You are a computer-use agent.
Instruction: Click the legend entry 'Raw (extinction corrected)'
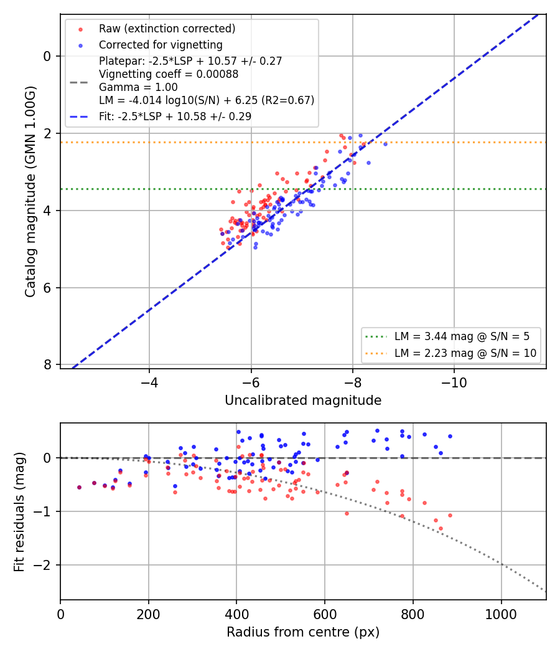pyautogui.click(x=167, y=29)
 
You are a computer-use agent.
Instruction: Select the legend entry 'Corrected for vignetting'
pyautogui.click(x=161, y=45)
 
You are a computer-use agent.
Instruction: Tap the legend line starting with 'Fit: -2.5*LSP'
pyautogui.click(x=175, y=116)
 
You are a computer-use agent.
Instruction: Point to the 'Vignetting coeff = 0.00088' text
pyautogui.click(x=169, y=74)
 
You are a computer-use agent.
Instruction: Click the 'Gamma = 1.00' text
pyautogui.click(x=138, y=87)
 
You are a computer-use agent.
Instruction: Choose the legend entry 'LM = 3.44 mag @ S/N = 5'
pyautogui.click(x=462, y=336)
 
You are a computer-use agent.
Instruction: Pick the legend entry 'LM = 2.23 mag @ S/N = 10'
pyautogui.click(x=465, y=353)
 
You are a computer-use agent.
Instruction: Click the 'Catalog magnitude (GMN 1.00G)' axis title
pyautogui.click(x=30, y=192)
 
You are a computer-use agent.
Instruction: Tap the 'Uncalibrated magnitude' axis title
pyautogui.click(x=303, y=400)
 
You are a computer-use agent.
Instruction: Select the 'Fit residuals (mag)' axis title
pyautogui.click(x=19, y=512)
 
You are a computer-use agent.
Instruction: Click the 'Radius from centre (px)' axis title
pyautogui.click(x=303, y=632)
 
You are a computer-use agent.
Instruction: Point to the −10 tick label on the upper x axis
pyautogui.click(x=454, y=382)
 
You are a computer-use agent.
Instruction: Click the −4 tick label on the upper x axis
pyautogui.click(x=149, y=382)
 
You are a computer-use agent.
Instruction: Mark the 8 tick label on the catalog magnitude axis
pyautogui.click(x=47, y=364)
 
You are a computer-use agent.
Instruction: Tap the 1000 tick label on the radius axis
pyautogui.click(x=501, y=614)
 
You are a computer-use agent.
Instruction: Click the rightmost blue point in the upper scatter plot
pyautogui.click(x=385, y=144)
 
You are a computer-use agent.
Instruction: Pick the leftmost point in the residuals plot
pyautogui.click(x=79, y=487)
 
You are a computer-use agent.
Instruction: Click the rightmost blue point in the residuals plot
pyautogui.click(x=450, y=436)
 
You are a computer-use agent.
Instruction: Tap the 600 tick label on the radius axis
pyautogui.click(x=325, y=614)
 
